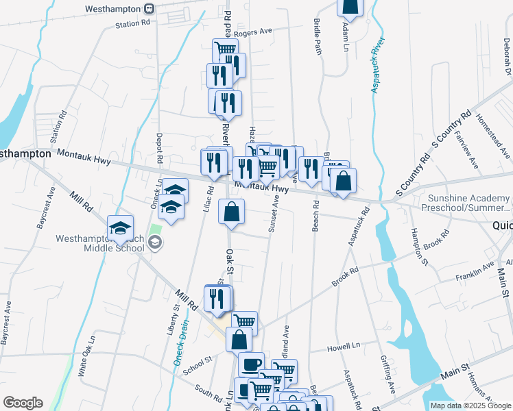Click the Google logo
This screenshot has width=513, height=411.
pos(23,403)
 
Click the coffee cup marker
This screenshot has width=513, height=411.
pos(251,364)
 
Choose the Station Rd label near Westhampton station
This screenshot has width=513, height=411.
pos(132,23)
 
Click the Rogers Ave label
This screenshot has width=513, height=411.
pos(252,32)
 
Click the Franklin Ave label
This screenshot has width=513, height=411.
pos(475,272)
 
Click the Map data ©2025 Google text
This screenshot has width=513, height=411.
pos(470,406)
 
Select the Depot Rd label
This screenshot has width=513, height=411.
pos(158,148)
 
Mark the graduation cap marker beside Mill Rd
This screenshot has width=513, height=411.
pos(120,228)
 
